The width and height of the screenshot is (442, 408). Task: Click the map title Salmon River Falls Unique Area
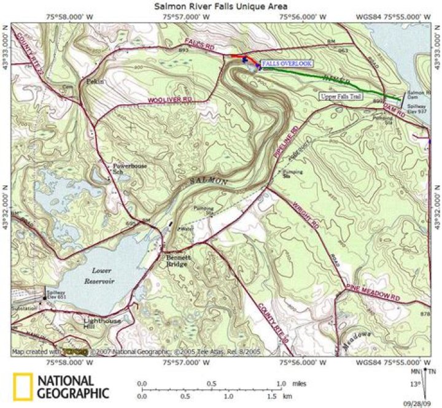point(222,6)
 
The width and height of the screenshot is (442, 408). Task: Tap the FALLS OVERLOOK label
point(287,63)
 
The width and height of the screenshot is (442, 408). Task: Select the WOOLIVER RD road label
point(170,99)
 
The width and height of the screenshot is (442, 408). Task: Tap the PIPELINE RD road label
point(286,145)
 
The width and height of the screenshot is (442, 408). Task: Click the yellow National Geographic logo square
point(23,387)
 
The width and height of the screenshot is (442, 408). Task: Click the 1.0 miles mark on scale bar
point(281,383)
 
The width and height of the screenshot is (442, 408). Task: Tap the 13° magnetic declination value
point(414,385)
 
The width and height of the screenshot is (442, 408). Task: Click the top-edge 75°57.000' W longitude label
point(187,17)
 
